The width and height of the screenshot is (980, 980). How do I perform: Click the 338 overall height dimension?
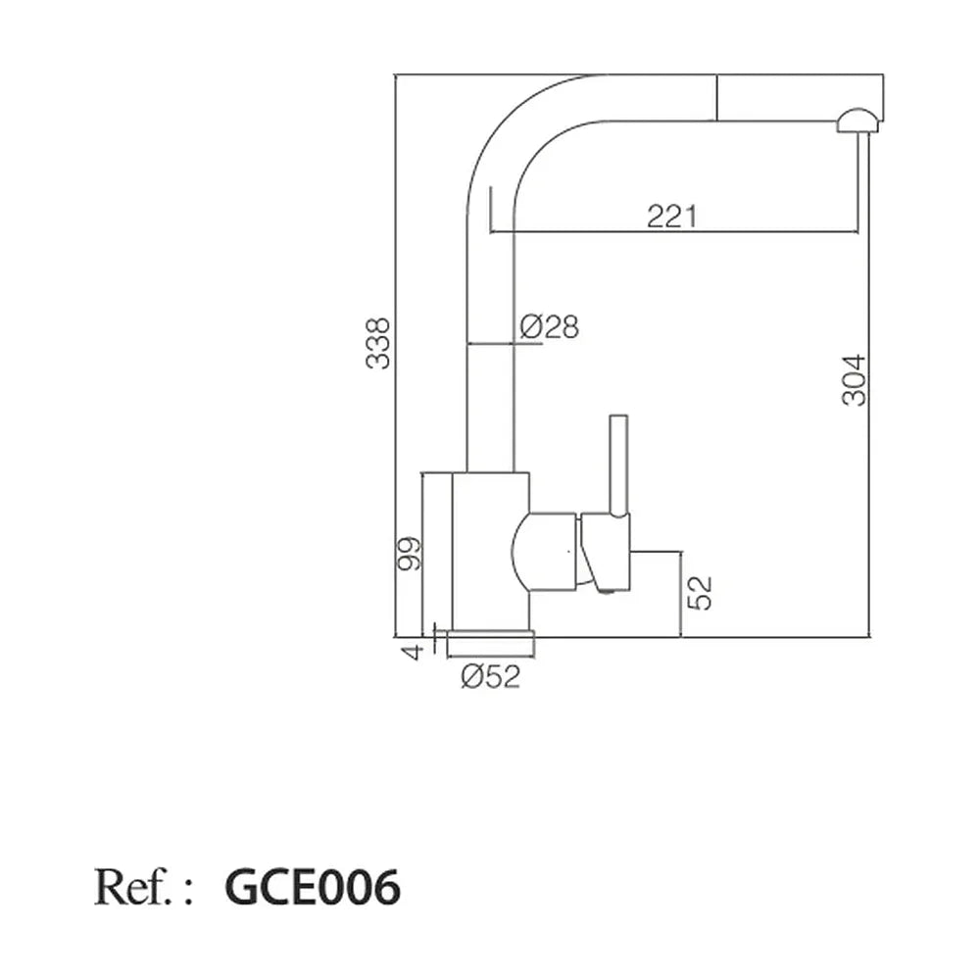377,343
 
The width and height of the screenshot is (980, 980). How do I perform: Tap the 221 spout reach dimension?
671,217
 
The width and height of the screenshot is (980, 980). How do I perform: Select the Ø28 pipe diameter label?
550,326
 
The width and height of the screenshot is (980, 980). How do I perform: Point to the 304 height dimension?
855,380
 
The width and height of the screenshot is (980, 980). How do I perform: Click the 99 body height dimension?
410,554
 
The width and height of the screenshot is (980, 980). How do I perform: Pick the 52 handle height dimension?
700,593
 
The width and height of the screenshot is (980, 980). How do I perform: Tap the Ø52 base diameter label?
491,676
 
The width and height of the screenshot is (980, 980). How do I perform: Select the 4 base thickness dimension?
412,653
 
